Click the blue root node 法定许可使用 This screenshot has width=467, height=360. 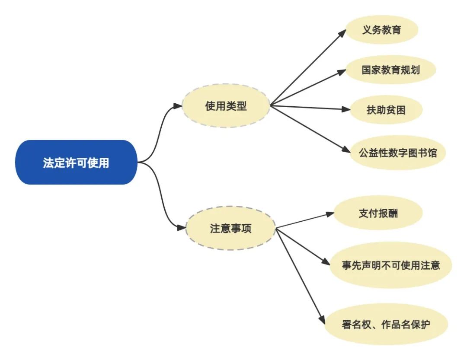pos(76,162)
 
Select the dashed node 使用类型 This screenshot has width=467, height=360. pos(226,106)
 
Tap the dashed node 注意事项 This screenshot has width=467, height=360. pos(230,229)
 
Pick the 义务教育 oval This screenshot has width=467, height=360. pos(382,30)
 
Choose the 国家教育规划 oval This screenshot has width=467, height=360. pos(391,70)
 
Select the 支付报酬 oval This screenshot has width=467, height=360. pos(378,213)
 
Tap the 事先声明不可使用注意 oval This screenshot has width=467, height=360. pos(390,265)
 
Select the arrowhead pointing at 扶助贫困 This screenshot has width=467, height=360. pos(345,110)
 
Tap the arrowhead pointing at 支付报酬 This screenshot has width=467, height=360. pos(329,214)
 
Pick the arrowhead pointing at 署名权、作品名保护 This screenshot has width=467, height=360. pos(322,319)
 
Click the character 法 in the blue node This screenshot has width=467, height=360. pos(48,163)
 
